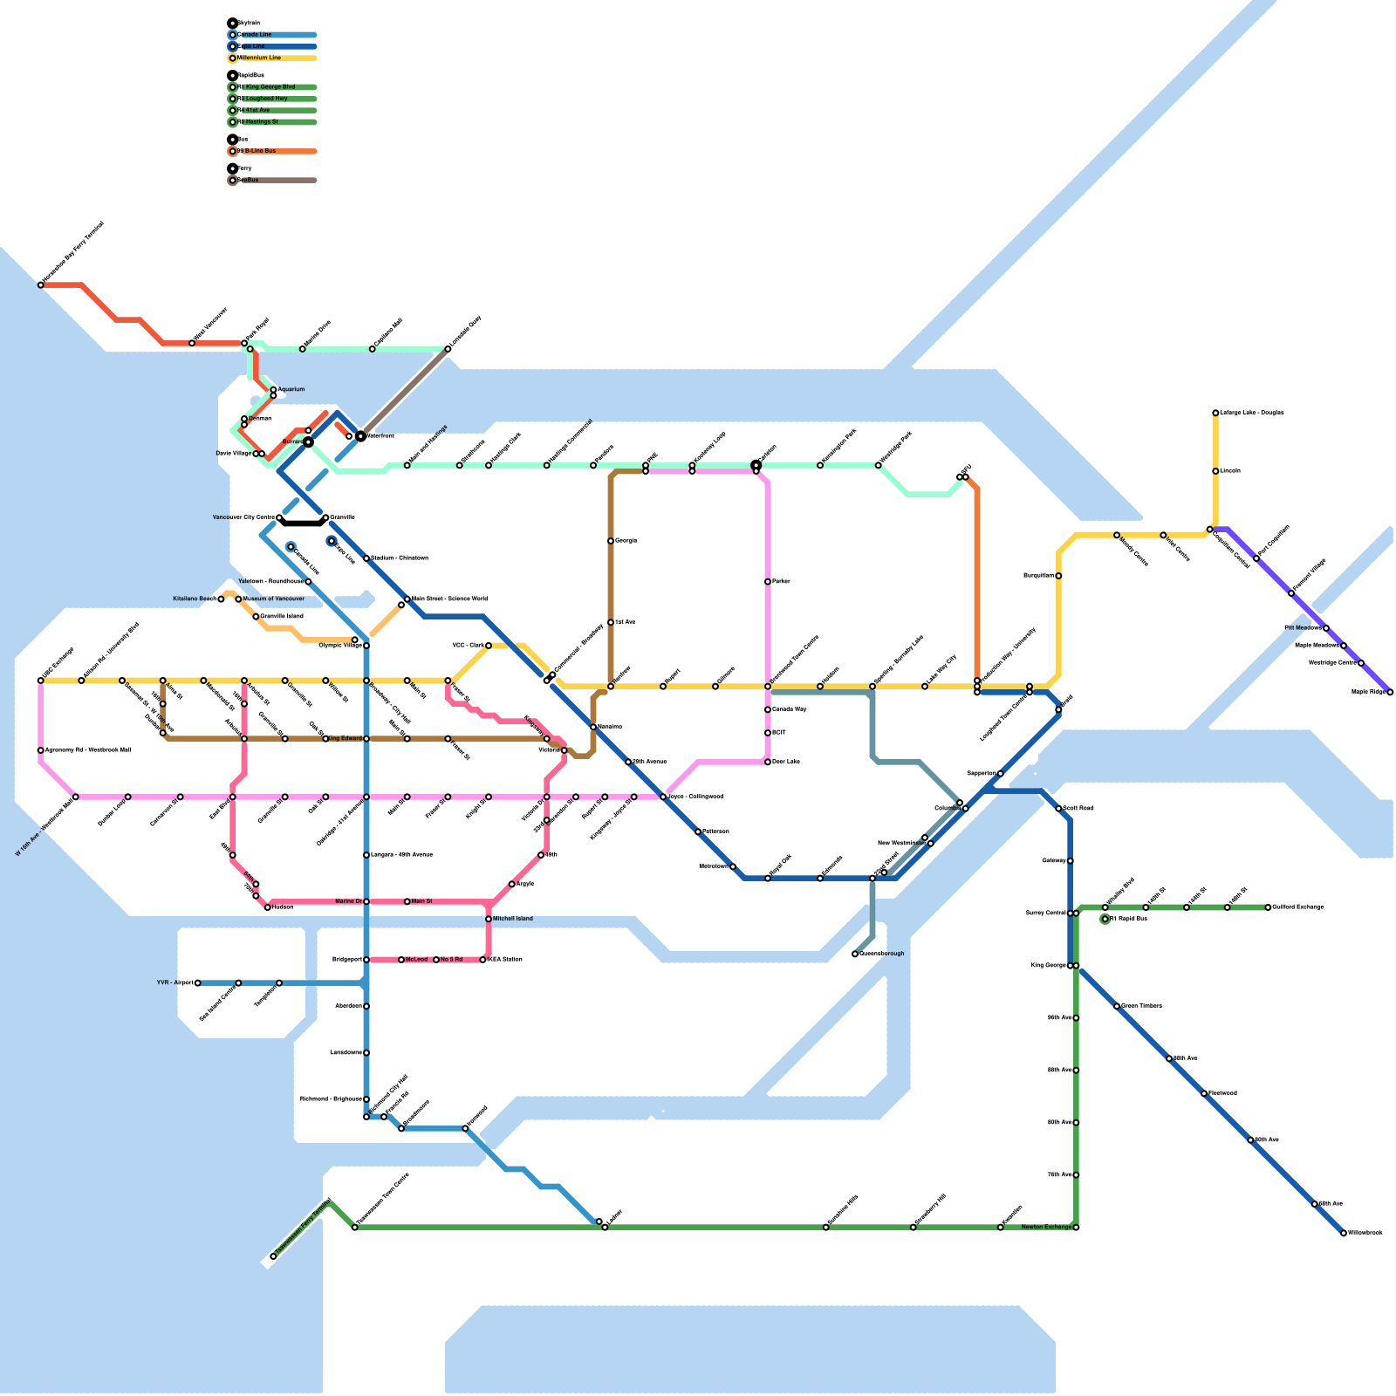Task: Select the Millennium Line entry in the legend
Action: click(259, 58)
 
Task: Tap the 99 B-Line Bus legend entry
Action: click(258, 152)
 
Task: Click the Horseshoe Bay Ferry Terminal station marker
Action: click(41, 285)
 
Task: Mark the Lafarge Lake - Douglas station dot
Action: click(1215, 414)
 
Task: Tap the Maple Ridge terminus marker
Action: click(1390, 693)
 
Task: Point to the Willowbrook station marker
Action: click(1344, 1234)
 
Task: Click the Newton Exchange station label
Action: click(1046, 1228)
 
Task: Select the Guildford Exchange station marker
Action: click(1268, 907)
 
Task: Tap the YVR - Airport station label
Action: click(174, 983)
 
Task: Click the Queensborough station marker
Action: click(855, 955)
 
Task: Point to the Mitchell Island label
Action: click(512, 919)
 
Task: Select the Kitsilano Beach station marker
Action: click(221, 599)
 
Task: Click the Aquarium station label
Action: click(291, 389)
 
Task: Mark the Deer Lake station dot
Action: click(768, 763)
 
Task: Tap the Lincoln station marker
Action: click(1215, 471)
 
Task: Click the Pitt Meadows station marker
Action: click(1326, 628)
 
